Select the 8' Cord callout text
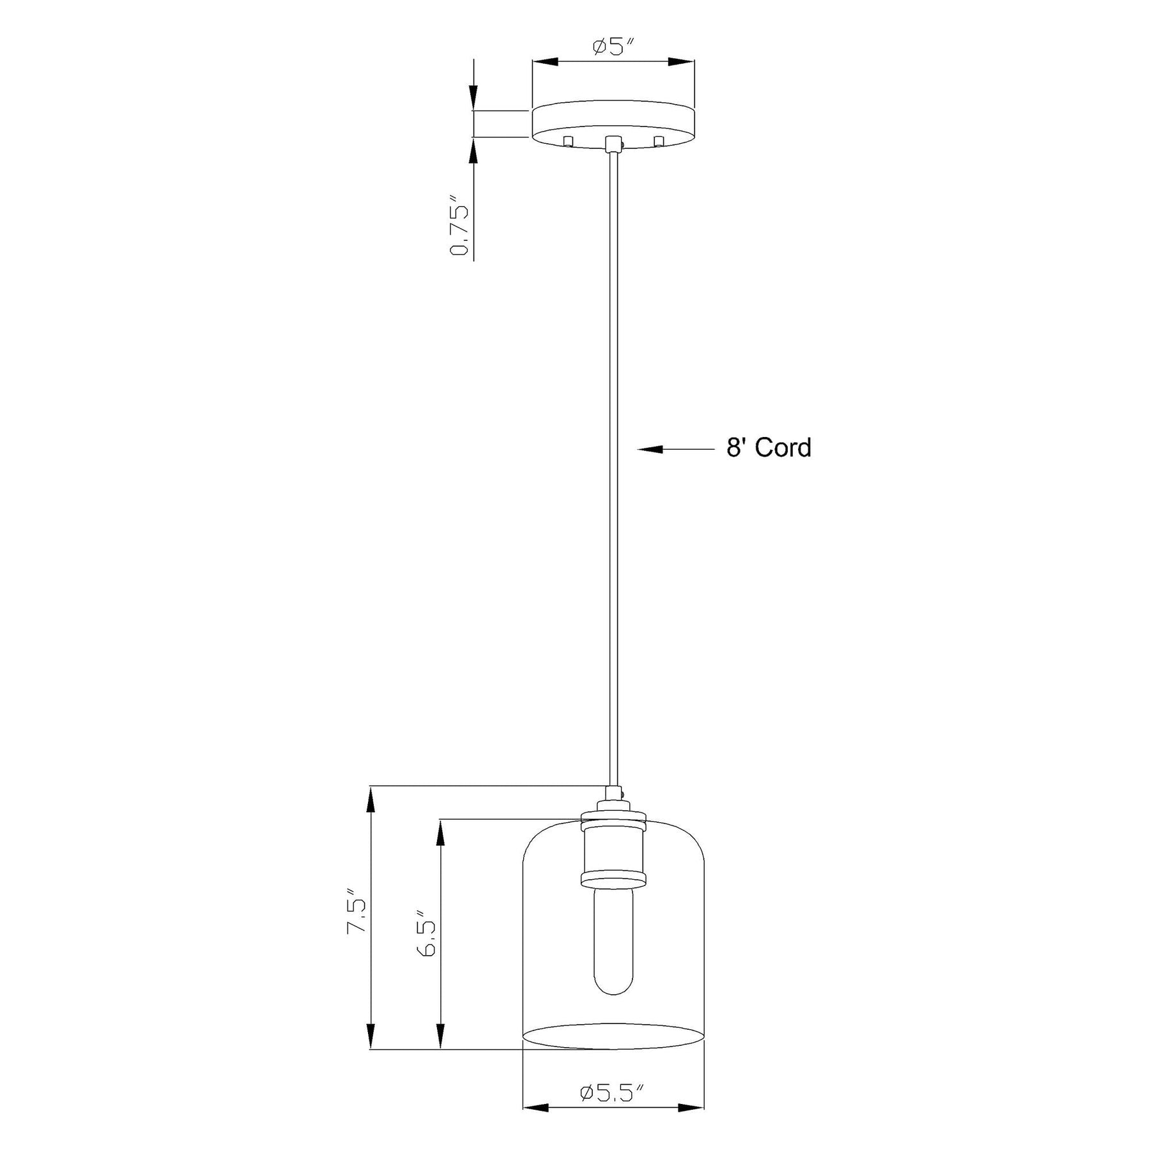coord(769,448)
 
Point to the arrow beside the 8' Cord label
coord(675,450)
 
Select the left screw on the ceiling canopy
coord(569,141)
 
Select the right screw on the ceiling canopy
coord(659,141)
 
